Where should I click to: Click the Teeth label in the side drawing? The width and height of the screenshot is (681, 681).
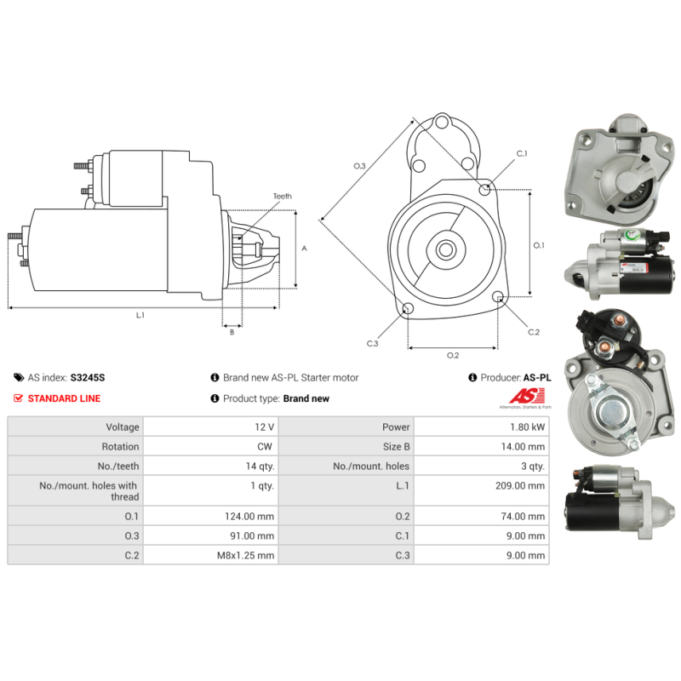283,197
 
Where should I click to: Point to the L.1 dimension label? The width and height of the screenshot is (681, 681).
140,315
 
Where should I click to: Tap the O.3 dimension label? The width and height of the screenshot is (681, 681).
359,166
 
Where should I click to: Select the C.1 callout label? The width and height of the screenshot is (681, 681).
522,154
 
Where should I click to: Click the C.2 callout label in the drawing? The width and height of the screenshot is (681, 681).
534,332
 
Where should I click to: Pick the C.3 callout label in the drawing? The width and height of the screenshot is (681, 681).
373,344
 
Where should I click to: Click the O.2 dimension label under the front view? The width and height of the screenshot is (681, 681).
453,356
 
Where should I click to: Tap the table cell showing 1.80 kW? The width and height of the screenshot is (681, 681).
481,427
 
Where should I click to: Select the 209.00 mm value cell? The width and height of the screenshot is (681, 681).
481,491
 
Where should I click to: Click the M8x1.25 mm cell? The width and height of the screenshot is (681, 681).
211,555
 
